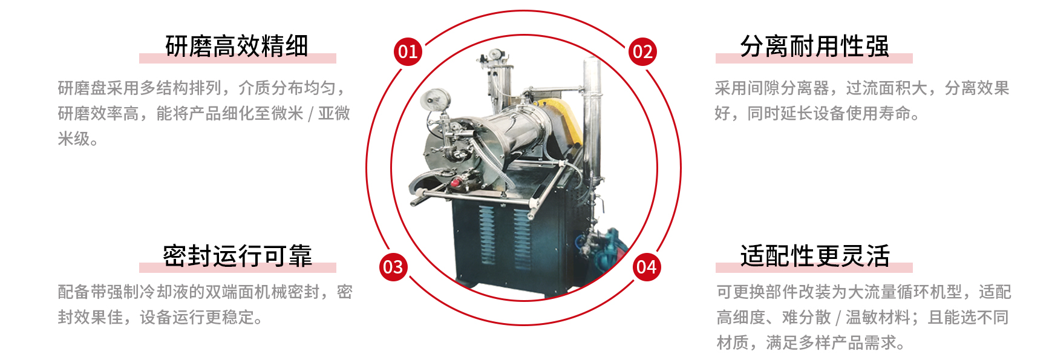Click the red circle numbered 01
click(x=408, y=51)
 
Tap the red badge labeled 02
click(x=642, y=51)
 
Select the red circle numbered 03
click(x=393, y=267)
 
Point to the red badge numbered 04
click(x=647, y=267)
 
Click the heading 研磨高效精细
click(x=237, y=46)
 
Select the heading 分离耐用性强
click(x=814, y=46)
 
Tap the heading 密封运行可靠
click(x=237, y=256)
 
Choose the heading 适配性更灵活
click(x=815, y=256)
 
